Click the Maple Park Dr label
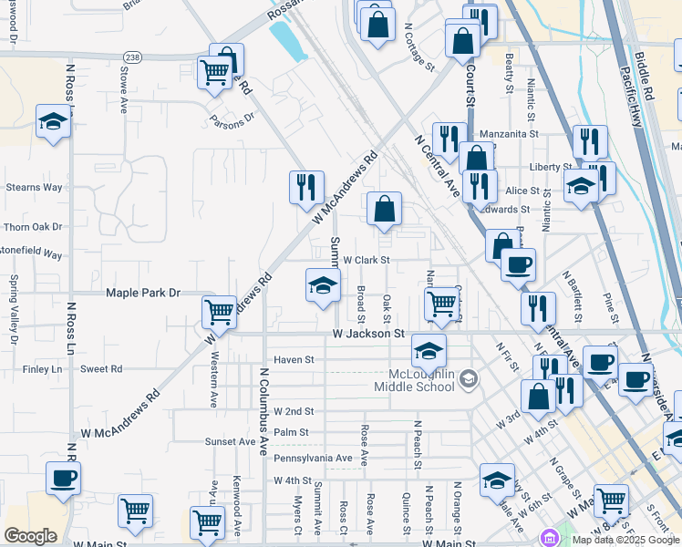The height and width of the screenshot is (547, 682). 144,293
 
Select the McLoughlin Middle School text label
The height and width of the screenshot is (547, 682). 414,379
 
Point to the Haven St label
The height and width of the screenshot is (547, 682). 294,359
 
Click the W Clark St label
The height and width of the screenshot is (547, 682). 366,260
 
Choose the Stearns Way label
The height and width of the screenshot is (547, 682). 34,187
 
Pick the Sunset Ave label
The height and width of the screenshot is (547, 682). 231,441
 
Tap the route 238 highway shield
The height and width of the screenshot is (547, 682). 133,56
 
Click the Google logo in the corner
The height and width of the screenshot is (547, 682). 30,536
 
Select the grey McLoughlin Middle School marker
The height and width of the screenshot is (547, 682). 468,377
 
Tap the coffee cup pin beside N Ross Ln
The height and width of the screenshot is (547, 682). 63,478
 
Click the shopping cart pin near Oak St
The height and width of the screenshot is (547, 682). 442,304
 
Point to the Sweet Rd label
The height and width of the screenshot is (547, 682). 101,369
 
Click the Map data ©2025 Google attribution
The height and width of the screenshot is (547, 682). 625,540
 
